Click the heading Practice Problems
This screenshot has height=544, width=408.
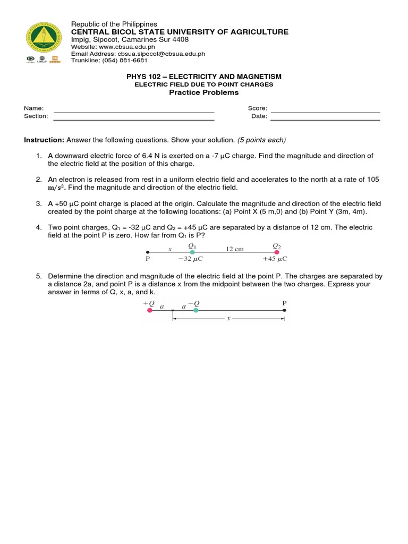pyautogui.click(x=203, y=92)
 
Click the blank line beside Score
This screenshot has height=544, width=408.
pyautogui.click(x=325, y=112)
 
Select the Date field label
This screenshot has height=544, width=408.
pyautogui.click(x=259, y=116)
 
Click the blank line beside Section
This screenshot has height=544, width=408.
pyautogui.click(x=134, y=120)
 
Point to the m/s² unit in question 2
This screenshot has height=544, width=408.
pyautogui.click(x=57, y=188)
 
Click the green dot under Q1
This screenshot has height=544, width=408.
pyautogui.click(x=192, y=252)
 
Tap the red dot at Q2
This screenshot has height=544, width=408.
pyautogui.click(x=276, y=252)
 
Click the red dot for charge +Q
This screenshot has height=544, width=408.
pyautogui.click(x=149, y=310)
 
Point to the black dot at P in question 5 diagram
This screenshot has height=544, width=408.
pyautogui.click(x=284, y=310)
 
